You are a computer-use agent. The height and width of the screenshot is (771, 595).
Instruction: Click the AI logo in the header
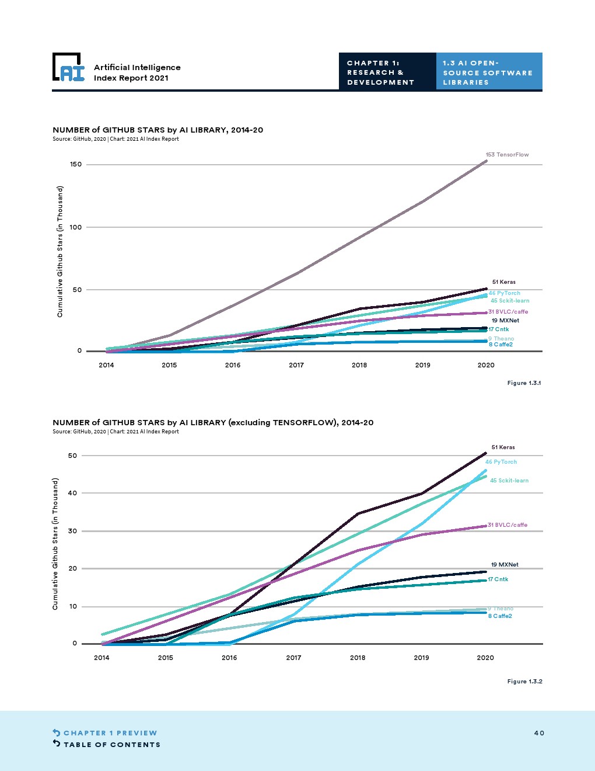tap(68, 68)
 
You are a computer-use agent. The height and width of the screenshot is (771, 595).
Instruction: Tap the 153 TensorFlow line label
tap(507, 155)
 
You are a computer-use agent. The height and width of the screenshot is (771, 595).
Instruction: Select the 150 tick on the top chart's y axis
tap(76, 165)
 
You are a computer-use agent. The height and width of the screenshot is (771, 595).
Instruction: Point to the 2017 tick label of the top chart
tap(296, 365)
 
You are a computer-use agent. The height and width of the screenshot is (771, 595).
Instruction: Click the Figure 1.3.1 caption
tap(524, 383)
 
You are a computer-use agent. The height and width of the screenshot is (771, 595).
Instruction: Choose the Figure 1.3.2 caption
tap(524, 682)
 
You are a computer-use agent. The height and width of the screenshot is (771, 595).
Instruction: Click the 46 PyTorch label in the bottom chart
tap(501, 462)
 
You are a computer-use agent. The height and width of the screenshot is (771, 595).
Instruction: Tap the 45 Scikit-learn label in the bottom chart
tap(509, 481)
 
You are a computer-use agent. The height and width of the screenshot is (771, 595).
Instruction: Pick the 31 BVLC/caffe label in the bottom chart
tap(508, 525)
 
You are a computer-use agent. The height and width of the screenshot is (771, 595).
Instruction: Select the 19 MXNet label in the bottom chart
tap(505, 565)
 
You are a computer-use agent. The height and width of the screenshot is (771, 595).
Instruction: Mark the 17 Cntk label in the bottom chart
tap(498, 579)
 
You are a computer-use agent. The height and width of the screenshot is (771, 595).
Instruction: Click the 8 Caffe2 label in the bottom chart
tap(500, 616)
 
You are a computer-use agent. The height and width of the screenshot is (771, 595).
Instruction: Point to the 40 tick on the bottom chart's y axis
tap(72, 493)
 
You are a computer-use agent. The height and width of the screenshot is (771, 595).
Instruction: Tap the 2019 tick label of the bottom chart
tap(421, 658)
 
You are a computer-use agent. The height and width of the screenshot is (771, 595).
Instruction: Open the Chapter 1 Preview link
tap(110, 733)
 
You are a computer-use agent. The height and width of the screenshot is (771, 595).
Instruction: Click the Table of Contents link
tap(111, 745)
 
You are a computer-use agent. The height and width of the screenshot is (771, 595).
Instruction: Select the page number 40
tap(539, 733)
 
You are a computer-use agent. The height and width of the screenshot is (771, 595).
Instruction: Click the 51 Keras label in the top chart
tap(503, 282)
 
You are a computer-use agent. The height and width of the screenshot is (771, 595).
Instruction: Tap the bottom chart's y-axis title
tap(55, 544)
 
